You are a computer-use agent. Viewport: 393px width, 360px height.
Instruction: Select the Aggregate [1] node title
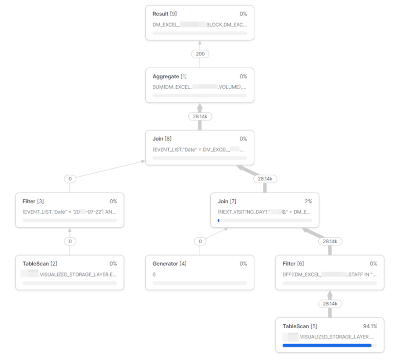point(169,76)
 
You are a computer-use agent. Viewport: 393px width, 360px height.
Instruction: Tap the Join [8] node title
point(161,139)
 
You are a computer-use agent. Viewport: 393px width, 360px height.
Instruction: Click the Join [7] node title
point(227,201)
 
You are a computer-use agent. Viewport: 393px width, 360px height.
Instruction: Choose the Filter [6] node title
point(293,264)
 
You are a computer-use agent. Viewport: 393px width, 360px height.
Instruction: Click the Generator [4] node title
point(169,264)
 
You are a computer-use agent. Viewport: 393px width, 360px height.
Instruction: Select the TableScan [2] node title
point(39,264)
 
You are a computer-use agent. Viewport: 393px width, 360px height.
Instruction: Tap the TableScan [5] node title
point(300,326)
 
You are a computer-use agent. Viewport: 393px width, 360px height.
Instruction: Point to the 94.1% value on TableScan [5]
point(370,326)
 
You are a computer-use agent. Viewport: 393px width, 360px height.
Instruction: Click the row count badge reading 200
point(200,54)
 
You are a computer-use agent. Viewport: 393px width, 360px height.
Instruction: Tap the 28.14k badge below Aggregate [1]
point(200,116)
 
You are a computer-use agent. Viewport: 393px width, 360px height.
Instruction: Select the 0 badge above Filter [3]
point(70,179)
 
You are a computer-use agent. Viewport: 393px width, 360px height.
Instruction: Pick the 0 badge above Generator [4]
point(200,241)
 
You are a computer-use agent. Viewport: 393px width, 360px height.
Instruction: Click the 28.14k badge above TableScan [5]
point(330,304)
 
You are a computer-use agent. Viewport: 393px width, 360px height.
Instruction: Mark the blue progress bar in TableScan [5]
point(327,346)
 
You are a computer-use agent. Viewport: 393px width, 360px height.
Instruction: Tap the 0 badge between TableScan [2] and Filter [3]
point(70,241)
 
